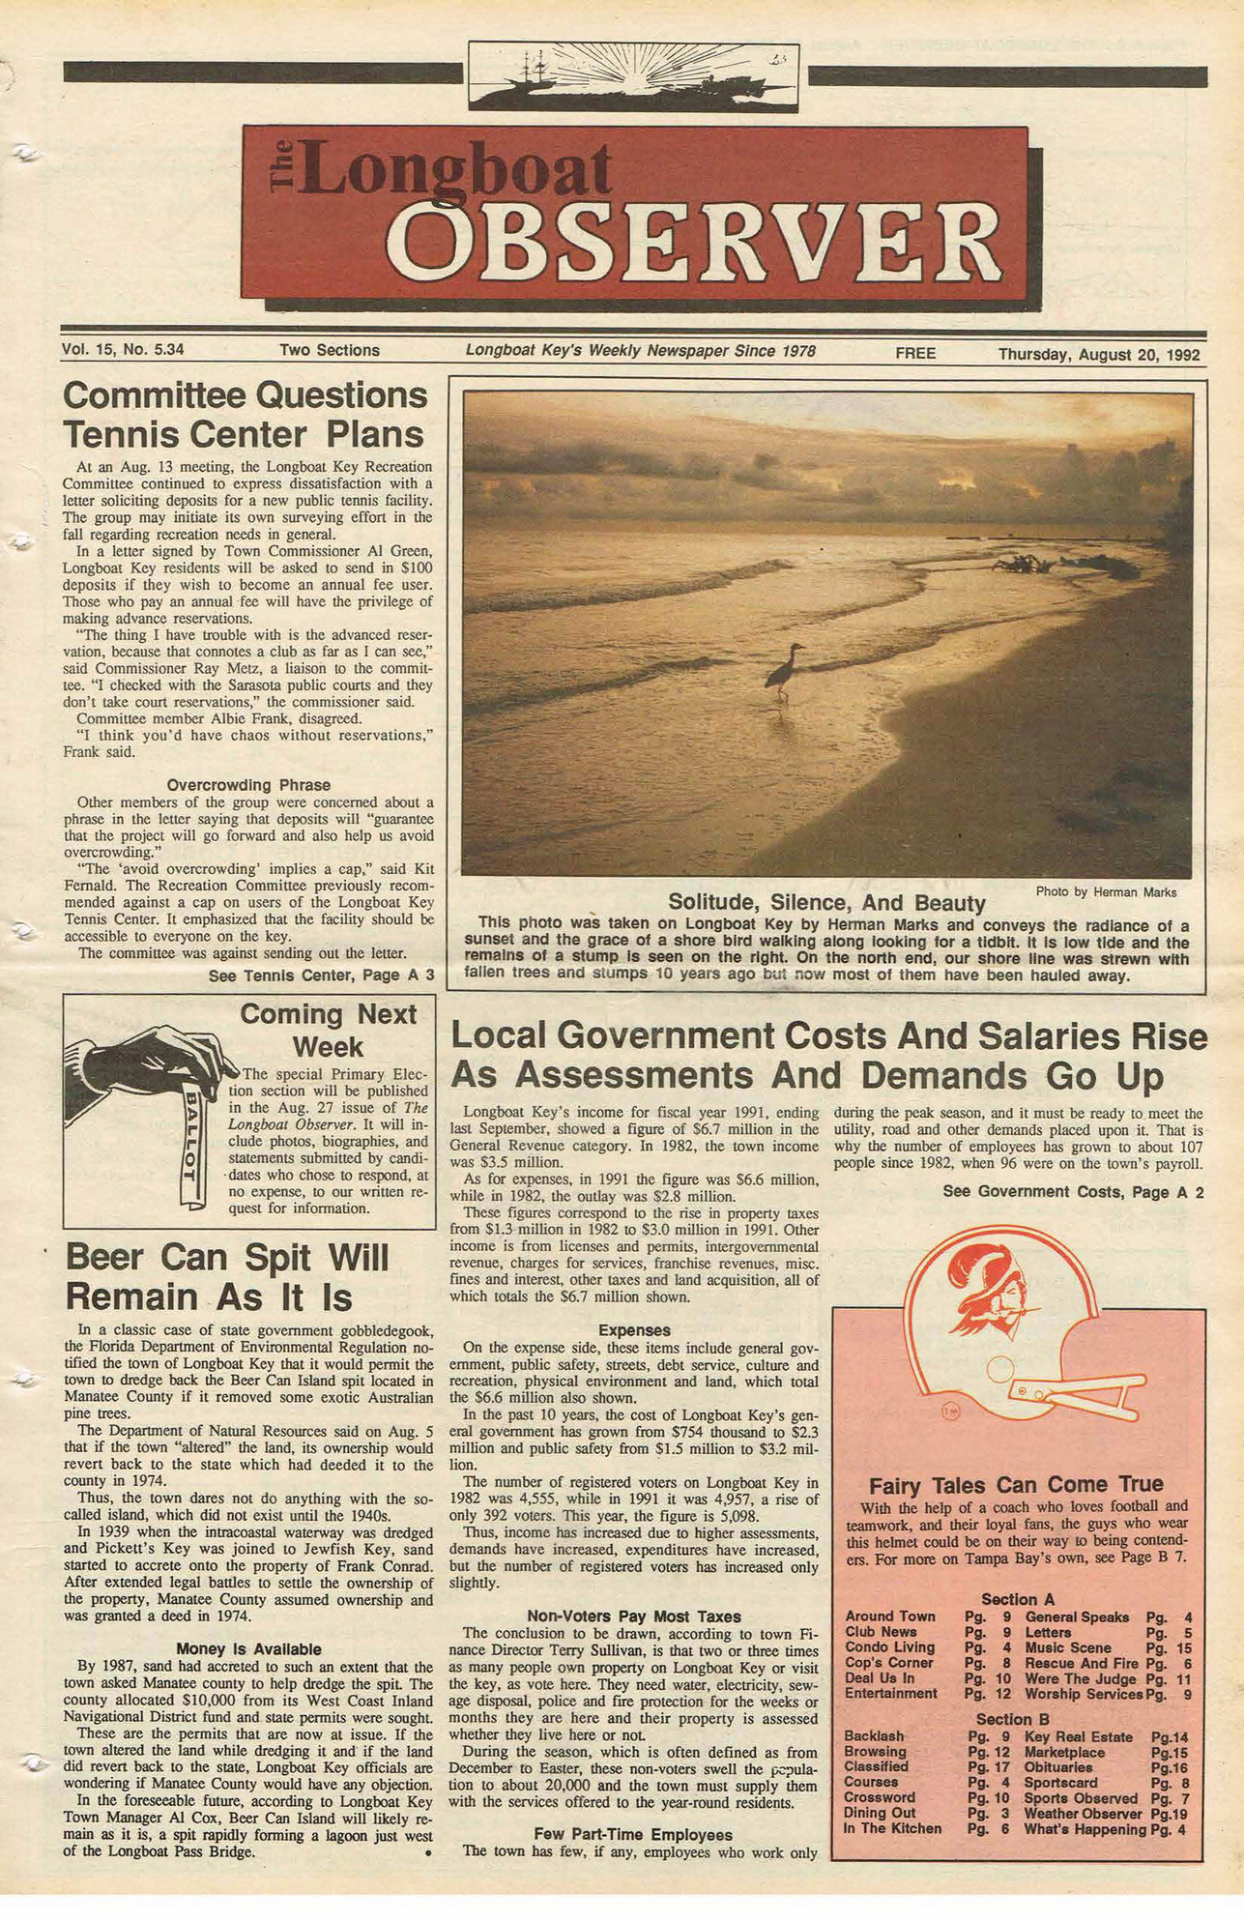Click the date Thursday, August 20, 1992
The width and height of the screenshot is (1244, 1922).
(1099, 354)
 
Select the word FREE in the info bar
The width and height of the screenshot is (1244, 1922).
(915, 353)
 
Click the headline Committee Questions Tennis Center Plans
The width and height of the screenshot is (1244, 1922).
(245, 414)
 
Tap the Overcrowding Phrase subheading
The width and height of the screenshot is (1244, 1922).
(248, 785)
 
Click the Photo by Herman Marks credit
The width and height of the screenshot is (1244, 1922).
(1106, 891)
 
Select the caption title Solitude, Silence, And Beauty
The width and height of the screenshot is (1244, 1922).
(826, 903)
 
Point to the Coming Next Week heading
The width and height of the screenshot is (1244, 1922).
(328, 1030)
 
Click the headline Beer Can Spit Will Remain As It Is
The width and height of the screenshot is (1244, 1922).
(227, 1276)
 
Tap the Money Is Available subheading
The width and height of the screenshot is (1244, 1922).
(248, 1649)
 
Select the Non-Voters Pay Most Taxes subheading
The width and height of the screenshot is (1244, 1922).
(634, 1616)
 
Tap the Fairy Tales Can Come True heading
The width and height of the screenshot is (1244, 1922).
(1016, 1484)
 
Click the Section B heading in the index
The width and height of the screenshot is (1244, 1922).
(1012, 1719)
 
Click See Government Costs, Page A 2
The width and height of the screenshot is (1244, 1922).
(1073, 1192)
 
